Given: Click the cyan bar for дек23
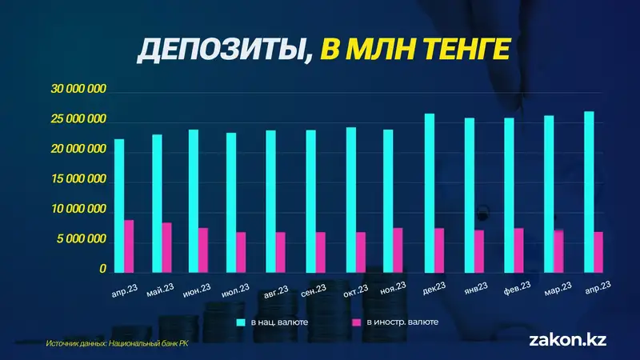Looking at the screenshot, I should click(x=430, y=193).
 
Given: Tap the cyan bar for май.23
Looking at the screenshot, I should click(x=157, y=203).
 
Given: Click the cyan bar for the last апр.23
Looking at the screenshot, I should click(x=589, y=191).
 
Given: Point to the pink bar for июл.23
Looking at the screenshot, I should click(x=241, y=252).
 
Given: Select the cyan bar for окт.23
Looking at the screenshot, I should click(x=351, y=199).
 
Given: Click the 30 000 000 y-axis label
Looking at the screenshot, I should click(x=78, y=90).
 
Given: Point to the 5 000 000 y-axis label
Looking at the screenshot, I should click(x=81, y=239).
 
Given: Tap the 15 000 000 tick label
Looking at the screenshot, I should click(x=78, y=179).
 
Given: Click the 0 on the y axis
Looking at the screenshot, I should click(x=103, y=270).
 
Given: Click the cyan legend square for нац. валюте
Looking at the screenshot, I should click(x=240, y=322).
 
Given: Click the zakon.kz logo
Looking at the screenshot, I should click(x=568, y=339).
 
